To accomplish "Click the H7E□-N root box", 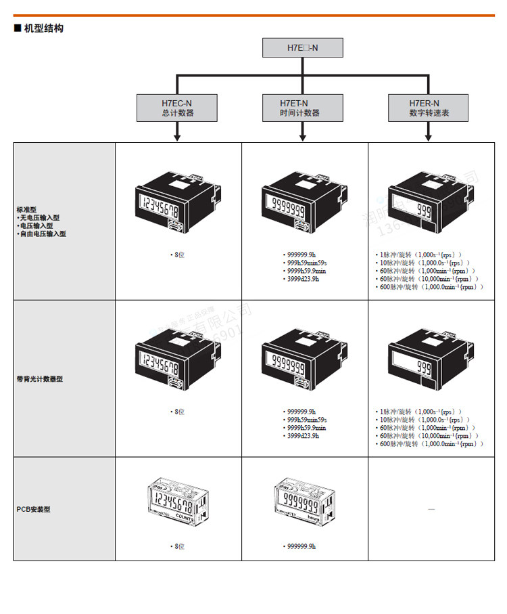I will click(x=302, y=47).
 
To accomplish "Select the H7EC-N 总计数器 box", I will click(x=177, y=108).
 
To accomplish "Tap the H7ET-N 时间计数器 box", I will click(x=302, y=108).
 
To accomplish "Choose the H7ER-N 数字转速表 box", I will click(x=428, y=108).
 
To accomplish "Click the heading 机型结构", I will click(x=43, y=28).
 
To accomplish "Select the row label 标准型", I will click(x=26, y=210).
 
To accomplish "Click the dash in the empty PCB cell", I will click(x=431, y=509).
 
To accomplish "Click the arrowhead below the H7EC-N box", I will click(x=177, y=137).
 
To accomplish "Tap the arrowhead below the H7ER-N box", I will click(x=428, y=137).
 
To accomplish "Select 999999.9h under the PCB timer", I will click(x=301, y=546).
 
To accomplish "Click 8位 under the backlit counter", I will click(x=179, y=411).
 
